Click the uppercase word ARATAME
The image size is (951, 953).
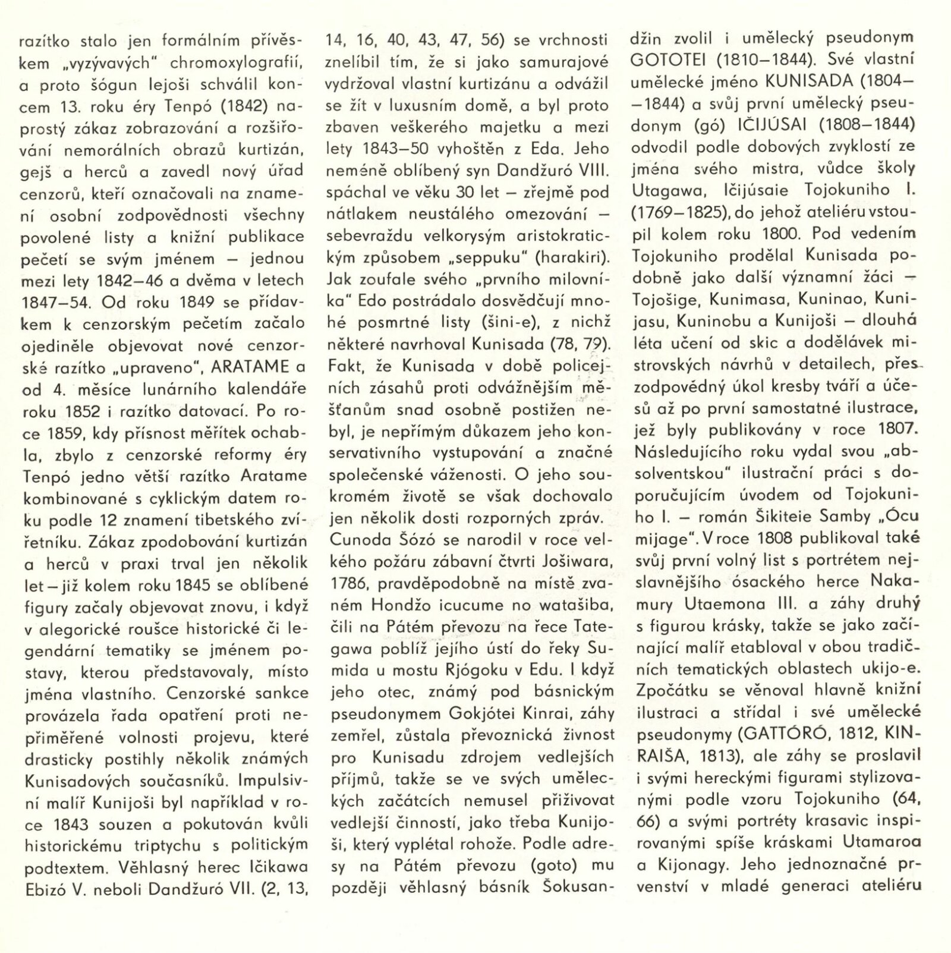coord(251,367)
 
